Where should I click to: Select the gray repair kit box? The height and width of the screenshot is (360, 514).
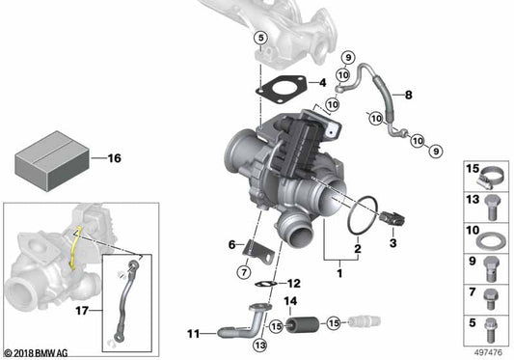(x=49, y=159)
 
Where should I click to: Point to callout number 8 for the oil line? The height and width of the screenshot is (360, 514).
(x=408, y=95)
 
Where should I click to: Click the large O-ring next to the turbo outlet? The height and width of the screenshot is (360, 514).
(x=358, y=216)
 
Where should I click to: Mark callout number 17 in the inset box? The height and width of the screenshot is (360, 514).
(x=81, y=311)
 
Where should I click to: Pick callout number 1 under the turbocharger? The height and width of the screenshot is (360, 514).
(x=338, y=274)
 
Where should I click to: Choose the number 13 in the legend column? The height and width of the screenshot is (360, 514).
(x=473, y=199)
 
